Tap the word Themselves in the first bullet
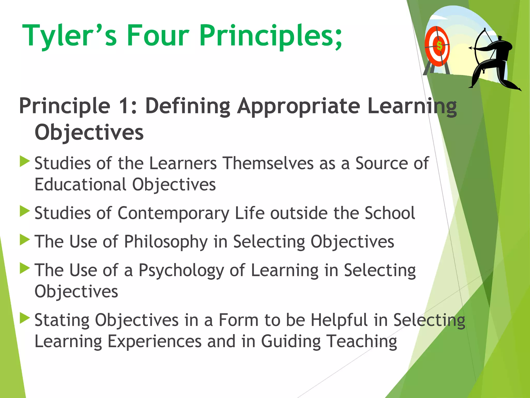pos(268,164)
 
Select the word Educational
pos(80,185)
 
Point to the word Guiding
pos(291,342)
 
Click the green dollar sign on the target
pos(439,46)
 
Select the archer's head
pos(500,38)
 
